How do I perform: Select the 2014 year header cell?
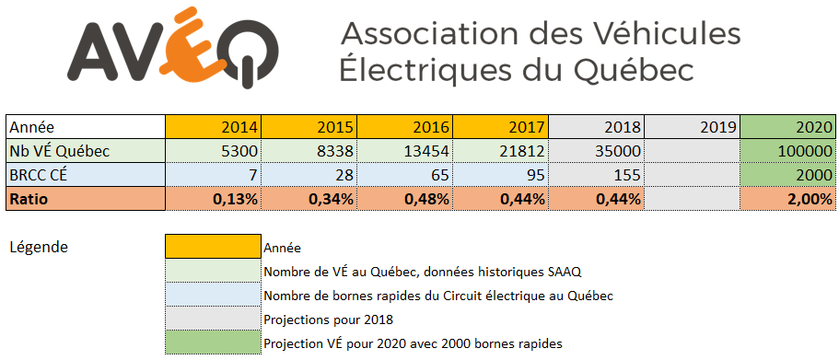click(x=213, y=127)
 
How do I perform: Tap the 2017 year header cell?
click(x=500, y=127)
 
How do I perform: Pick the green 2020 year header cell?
click(x=787, y=127)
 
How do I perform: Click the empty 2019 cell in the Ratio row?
click(x=692, y=199)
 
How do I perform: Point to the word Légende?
click(x=39, y=247)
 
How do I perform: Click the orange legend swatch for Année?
click(x=213, y=247)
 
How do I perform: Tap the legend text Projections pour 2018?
click(x=329, y=319)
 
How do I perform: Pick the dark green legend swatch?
click(x=213, y=343)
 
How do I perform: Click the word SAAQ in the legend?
click(x=564, y=272)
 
